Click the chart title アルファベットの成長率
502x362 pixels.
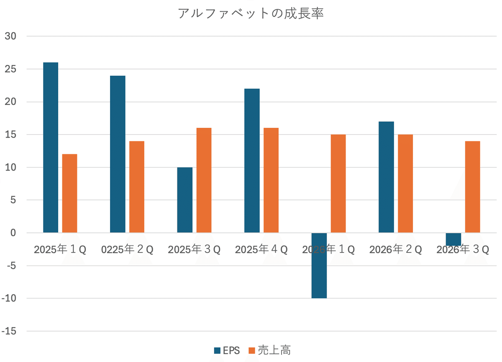(x=251, y=13)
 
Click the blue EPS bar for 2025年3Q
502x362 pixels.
(x=185, y=200)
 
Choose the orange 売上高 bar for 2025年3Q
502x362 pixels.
(x=204, y=180)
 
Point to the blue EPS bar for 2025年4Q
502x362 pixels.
(x=252, y=161)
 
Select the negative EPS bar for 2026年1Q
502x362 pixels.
(x=319, y=265)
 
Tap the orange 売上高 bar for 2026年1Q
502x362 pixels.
(x=338, y=184)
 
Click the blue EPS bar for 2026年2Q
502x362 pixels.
(x=386, y=177)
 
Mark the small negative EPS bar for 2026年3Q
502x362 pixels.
(x=453, y=240)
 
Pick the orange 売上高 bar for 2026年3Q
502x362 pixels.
(x=473, y=187)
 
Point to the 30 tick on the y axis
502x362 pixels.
(x=10, y=36)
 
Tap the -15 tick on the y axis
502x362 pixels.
(x=9, y=331)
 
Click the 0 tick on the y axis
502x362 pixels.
(x=13, y=233)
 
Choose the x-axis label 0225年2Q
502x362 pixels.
(x=128, y=250)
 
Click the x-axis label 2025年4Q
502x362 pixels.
(x=261, y=250)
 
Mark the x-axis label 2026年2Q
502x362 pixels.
(x=396, y=250)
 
